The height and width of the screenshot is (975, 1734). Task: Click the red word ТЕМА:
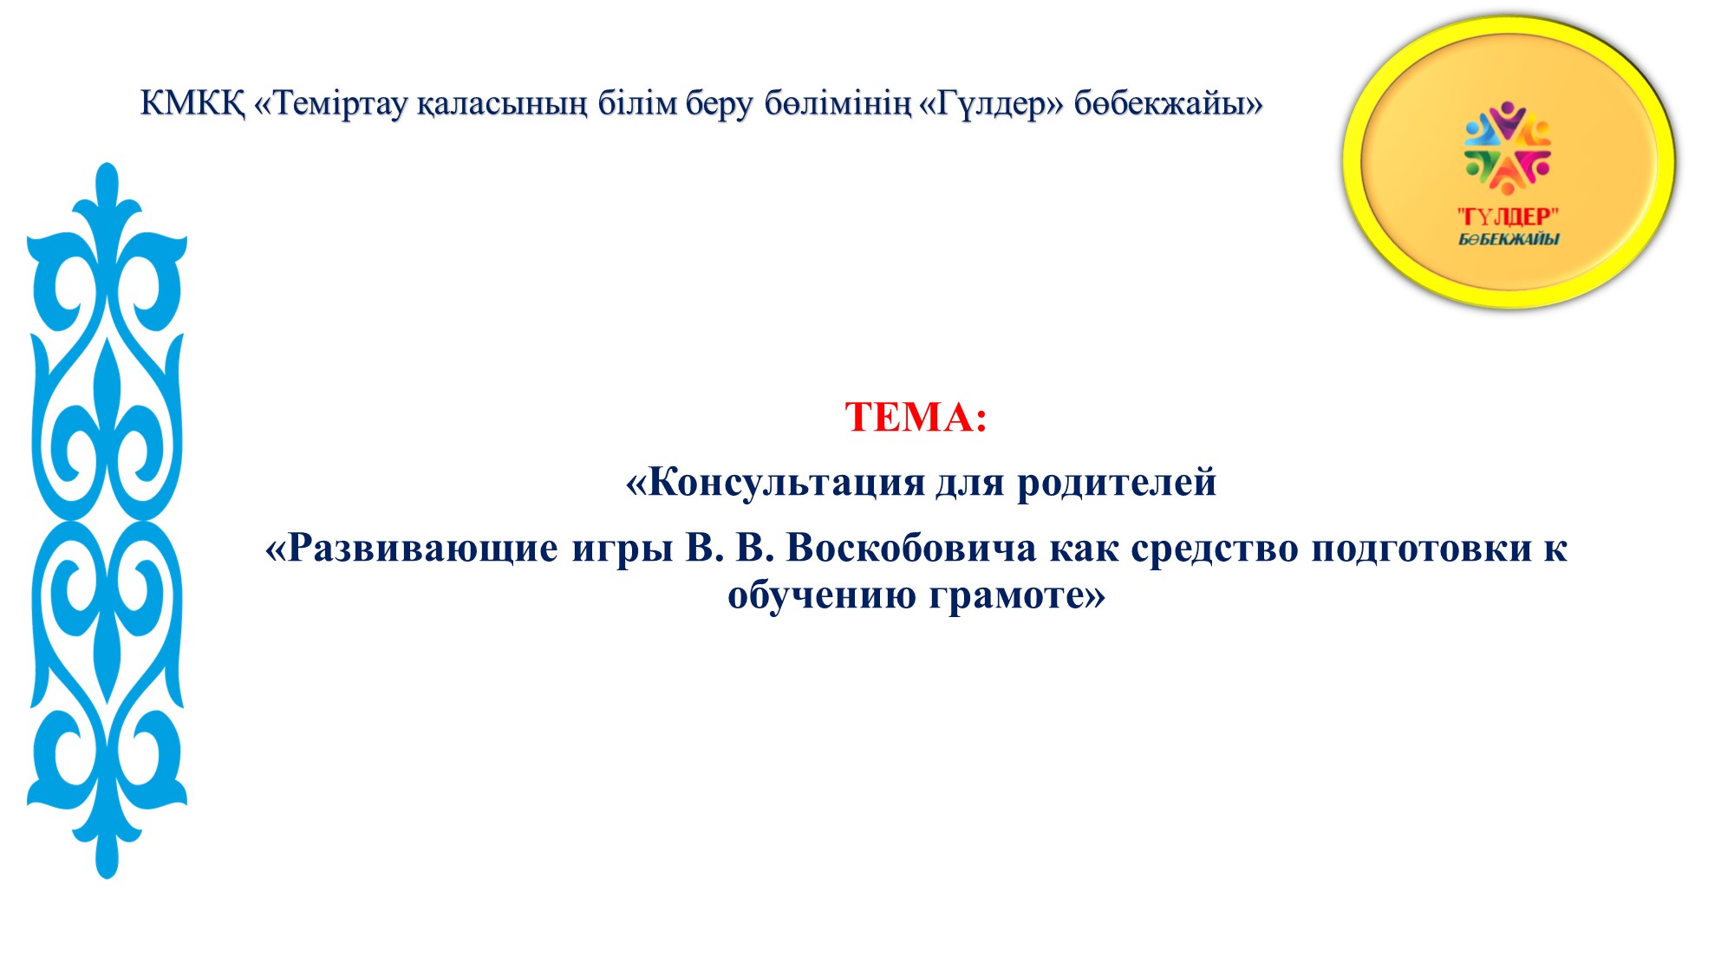click(x=916, y=417)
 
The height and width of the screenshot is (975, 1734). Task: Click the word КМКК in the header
click(x=192, y=103)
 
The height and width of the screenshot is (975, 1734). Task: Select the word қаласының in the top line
click(x=502, y=104)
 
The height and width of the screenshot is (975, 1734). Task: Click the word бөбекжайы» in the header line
click(x=1169, y=103)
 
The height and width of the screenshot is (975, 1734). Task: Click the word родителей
click(x=1117, y=482)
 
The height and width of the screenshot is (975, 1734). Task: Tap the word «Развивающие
click(x=412, y=549)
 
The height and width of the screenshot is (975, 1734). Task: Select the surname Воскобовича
click(x=911, y=548)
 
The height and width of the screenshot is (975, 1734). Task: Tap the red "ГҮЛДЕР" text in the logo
click(x=1509, y=217)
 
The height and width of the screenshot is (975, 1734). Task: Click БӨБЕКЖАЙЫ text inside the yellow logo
click(x=1509, y=239)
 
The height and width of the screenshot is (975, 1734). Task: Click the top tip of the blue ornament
click(x=107, y=164)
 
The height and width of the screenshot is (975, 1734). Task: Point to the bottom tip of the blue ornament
click(x=107, y=877)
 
